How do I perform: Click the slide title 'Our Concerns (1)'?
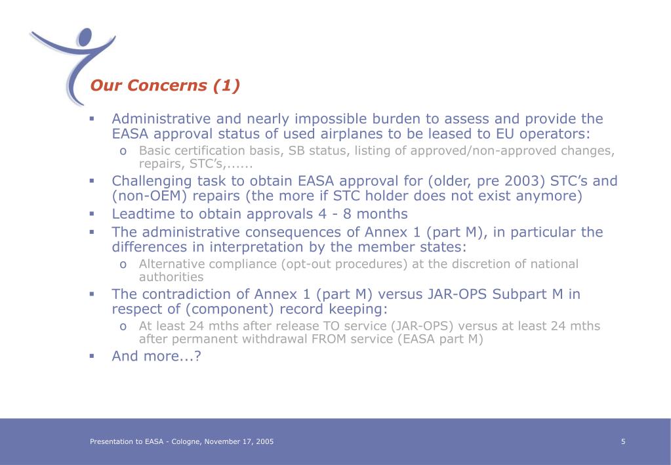pos(165,85)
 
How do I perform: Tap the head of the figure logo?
pos(85,37)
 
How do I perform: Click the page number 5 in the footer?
pos(623,441)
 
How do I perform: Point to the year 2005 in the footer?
pos(266,441)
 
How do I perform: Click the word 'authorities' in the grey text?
pos(171,277)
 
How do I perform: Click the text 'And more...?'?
pos(156,356)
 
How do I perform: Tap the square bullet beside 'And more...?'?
pos(92,356)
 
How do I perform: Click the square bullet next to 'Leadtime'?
pos(92,213)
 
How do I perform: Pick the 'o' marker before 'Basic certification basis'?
pos(123,151)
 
